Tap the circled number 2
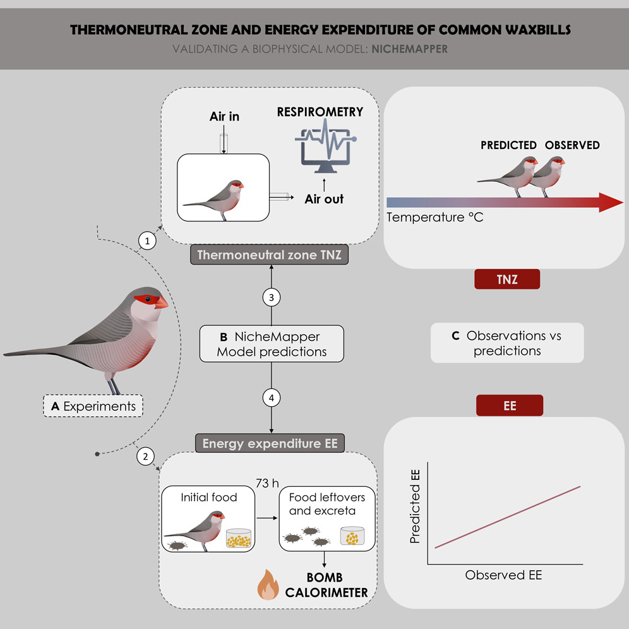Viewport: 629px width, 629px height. coord(146,457)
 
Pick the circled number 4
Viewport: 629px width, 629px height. coord(272,398)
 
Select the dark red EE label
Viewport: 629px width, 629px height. coord(509,406)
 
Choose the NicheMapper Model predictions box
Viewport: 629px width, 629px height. coord(272,344)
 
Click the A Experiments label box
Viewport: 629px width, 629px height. coord(93,406)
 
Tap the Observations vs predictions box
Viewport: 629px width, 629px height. coord(507,344)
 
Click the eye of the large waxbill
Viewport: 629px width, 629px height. coord(147,299)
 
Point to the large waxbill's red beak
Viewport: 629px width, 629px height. coord(161,302)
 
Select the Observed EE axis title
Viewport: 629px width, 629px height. coord(503,575)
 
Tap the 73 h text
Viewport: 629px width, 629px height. coord(267,483)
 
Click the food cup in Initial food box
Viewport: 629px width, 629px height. coord(238,539)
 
